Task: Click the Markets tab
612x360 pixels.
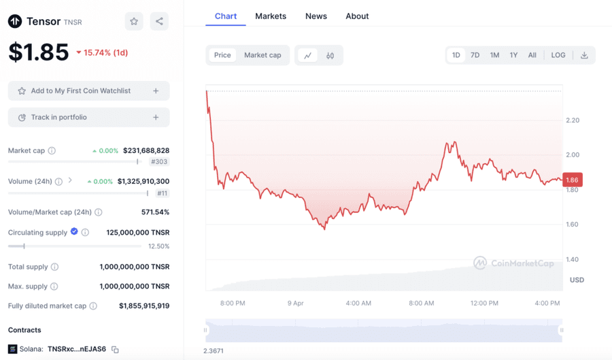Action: (x=271, y=16)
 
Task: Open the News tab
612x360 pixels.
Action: (x=316, y=16)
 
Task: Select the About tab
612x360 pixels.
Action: (x=357, y=16)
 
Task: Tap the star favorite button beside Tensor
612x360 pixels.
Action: (x=134, y=22)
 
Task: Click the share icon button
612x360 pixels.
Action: (x=159, y=22)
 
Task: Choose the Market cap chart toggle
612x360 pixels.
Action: (x=262, y=55)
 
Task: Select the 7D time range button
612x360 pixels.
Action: (x=475, y=55)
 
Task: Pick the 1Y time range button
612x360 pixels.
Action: (x=513, y=55)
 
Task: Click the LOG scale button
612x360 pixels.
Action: (x=558, y=55)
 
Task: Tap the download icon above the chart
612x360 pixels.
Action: (x=584, y=55)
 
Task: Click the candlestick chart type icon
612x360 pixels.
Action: (x=330, y=55)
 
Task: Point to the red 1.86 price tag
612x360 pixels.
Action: (x=573, y=180)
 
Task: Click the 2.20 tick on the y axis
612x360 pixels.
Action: (x=573, y=120)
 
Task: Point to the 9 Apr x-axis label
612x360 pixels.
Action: (x=295, y=304)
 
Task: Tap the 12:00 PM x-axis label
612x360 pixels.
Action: (x=484, y=304)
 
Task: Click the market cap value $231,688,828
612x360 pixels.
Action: (x=146, y=150)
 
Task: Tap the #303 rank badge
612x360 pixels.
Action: (x=159, y=162)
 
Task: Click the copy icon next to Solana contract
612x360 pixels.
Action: (x=115, y=350)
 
